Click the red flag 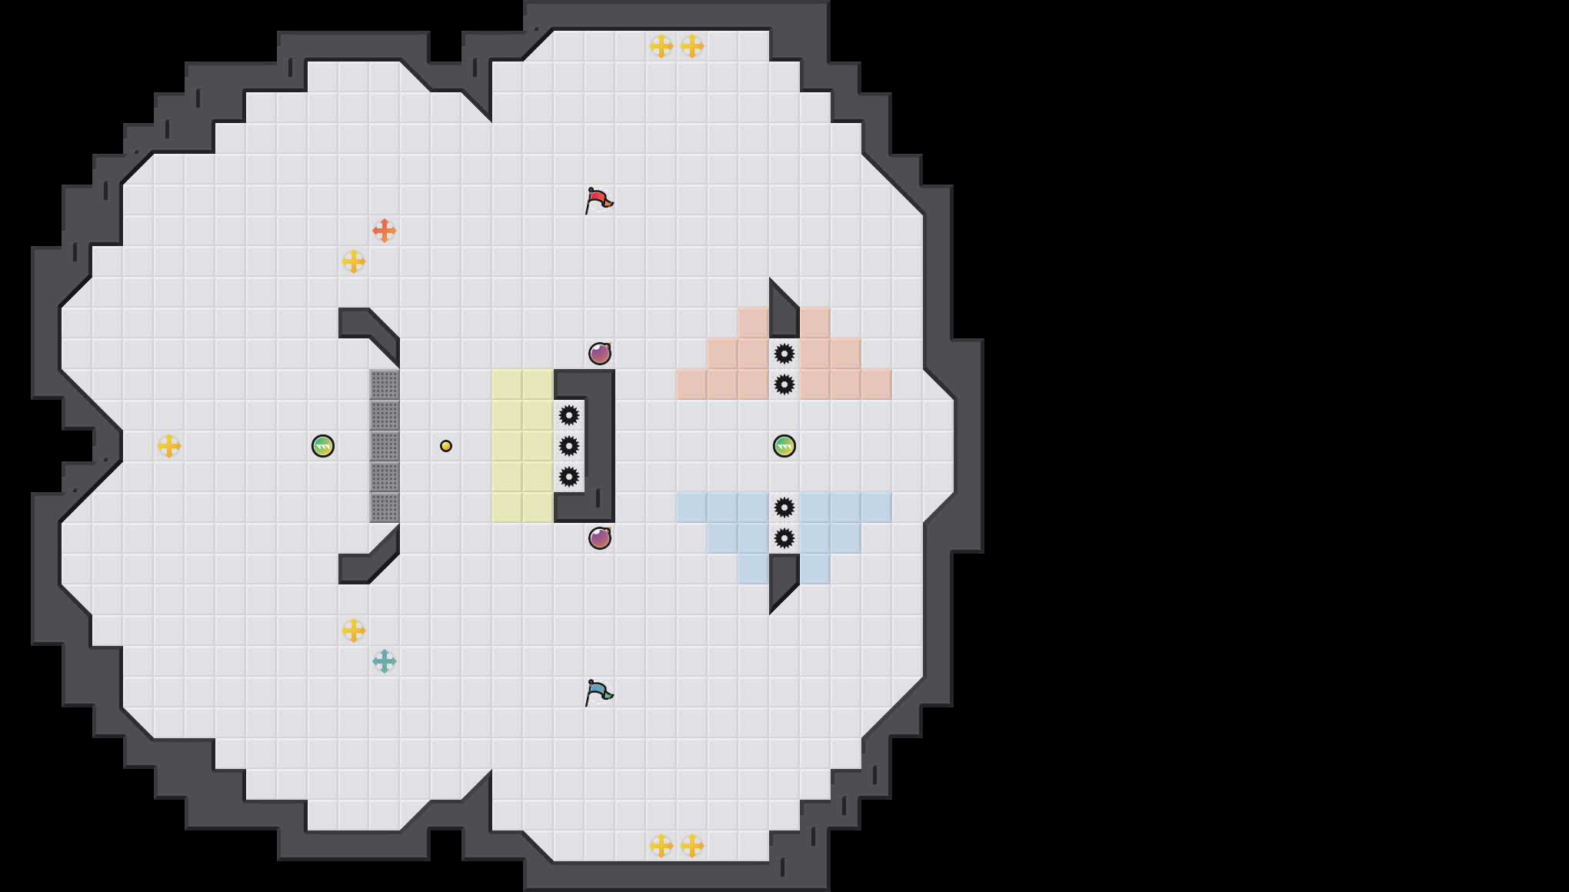click(598, 201)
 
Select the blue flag click(598, 693)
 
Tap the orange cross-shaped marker click(384, 230)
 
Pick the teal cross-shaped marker click(384, 661)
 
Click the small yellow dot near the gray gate click(446, 446)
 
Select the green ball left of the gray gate click(323, 446)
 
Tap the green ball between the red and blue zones click(784, 446)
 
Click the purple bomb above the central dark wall click(600, 354)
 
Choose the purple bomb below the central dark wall click(600, 538)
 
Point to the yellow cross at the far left click(169, 446)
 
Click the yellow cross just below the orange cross click(354, 261)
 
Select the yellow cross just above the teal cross click(354, 631)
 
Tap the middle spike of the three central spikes click(569, 446)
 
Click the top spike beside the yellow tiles click(569, 415)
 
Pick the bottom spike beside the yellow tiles click(569, 477)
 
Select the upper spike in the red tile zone click(784, 354)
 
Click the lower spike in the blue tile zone click(784, 538)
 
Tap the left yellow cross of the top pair click(661, 46)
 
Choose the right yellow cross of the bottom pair click(692, 846)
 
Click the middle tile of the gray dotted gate click(385, 446)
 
